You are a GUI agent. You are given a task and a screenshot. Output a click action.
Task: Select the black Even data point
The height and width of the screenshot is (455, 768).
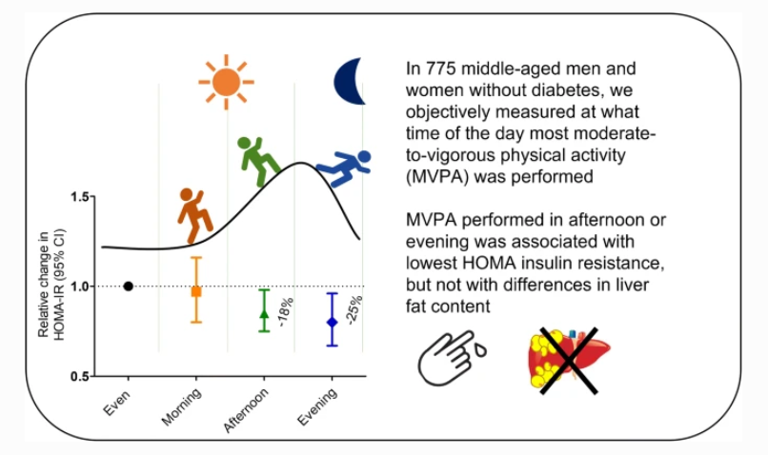128,286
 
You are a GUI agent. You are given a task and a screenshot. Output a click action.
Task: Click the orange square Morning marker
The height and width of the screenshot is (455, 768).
196,291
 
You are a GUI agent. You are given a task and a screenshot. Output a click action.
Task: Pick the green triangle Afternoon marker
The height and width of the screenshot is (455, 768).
264,313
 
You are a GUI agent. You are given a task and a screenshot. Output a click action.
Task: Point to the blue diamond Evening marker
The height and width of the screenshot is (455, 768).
332,322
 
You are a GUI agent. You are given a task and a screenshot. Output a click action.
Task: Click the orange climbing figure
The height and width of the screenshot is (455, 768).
195,215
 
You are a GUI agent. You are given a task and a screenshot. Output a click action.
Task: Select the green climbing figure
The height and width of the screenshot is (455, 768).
257,161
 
